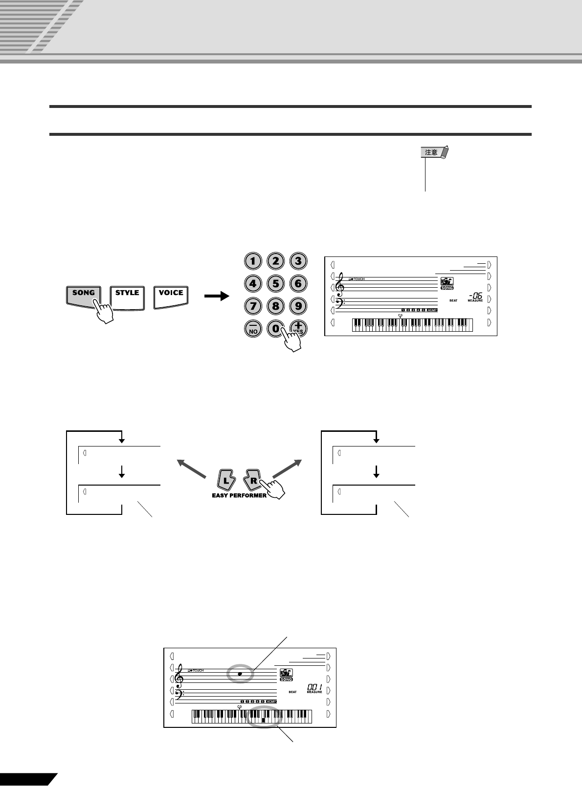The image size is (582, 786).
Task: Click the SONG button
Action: tap(83, 295)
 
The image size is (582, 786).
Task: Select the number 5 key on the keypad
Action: tap(275, 283)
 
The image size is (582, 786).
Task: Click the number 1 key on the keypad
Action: tap(252, 261)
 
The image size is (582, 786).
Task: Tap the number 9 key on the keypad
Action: tap(298, 306)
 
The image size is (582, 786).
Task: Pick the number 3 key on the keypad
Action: tap(298, 261)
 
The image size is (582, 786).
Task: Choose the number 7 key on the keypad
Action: tap(252, 306)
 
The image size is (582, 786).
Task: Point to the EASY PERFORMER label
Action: tap(239, 495)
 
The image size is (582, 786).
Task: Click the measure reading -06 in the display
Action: tap(475, 295)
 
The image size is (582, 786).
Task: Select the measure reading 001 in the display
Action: tap(314, 687)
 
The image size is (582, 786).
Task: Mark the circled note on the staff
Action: tap(240, 674)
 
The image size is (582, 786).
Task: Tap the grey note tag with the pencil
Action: tap(435, 152)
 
